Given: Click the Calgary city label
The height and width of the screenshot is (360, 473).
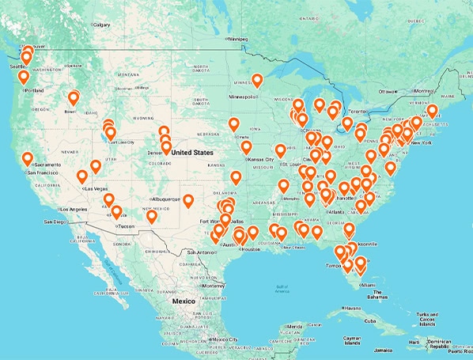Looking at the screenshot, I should pyautogui.click(x=102, y=25).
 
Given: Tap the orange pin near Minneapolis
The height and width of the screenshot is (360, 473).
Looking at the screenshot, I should pyautogui.click(x=257, y=81).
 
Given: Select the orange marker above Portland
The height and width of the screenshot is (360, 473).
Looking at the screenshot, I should pyautogui.click(x=24, y=78).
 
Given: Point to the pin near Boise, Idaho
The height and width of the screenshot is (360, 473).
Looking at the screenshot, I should pyautogui.click(x=74, y=99).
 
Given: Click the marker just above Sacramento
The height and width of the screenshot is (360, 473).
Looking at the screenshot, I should pyautogui.click(x=28, y=158).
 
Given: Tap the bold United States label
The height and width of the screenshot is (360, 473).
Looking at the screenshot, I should pyautogui.click(x=191, y=152).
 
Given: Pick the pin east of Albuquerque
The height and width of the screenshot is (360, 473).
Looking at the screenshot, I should pyautogui.click(x=188, y=201).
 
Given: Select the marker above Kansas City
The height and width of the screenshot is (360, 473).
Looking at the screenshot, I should pyautogui.click(x=246, y=148).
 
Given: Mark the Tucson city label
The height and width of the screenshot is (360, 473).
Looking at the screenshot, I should pyautogui.click(x=124, y=227).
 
